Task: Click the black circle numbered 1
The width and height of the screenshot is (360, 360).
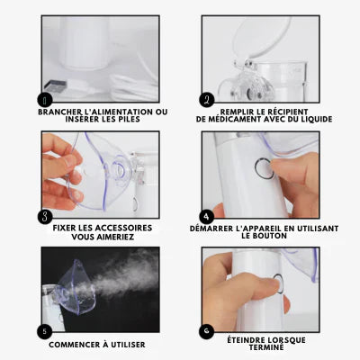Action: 45,100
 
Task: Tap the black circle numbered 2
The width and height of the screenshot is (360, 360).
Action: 207,100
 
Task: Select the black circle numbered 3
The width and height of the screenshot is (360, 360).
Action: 45,217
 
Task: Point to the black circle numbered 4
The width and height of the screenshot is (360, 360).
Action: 207,216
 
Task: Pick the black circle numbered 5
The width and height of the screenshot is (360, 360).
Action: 45,331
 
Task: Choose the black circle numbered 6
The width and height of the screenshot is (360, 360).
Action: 207,331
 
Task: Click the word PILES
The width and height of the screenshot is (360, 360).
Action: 128,120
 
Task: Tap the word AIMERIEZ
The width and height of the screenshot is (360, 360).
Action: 115,237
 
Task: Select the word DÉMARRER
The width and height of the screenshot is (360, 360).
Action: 211,229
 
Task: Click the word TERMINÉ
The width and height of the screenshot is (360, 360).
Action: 266,347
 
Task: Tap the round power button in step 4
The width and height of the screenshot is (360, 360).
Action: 265,168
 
